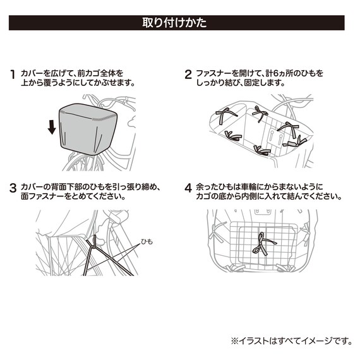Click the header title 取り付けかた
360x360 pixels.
(180, 24)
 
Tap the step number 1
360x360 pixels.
(13, 74)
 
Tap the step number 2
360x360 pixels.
(188, 74)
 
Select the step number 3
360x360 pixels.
(13, 188)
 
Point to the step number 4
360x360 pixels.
(188, 188)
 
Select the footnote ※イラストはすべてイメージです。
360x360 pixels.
(291, 341)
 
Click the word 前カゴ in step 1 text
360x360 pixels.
(88, 73)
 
